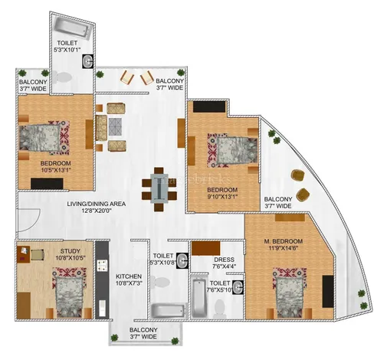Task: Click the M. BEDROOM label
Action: tap(284, 241)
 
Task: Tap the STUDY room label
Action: tap(71, 251)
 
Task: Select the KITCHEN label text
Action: tap(129, 277)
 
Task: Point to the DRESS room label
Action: tap(224, 260)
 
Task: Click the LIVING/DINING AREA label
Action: tap(97, 204)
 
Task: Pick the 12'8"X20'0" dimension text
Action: tap(97, 211)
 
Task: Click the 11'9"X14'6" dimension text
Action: tap(284, 248)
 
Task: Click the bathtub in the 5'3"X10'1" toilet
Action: tap(73, 28)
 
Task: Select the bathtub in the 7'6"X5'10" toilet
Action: tap(198, 296)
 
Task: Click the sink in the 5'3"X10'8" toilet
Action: tap(182, 260)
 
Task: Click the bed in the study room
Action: tap(69, 293)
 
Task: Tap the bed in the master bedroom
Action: tap(290, 293)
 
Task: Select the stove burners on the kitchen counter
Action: tap(102, 264)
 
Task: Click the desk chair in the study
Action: tap(38, 254)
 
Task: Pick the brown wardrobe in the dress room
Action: tap(206, 248)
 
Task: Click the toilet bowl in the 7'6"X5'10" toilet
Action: tap(220, 309)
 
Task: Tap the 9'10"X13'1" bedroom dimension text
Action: tap(222, 197)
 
